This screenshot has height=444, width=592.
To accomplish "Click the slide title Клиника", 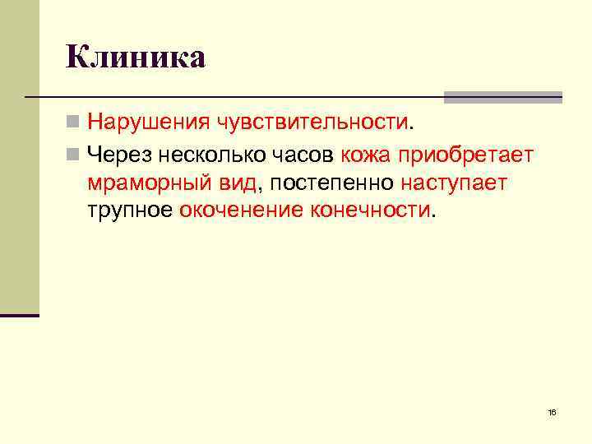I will click(x=136, y=58).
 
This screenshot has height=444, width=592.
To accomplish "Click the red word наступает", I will click(x=454, y=182).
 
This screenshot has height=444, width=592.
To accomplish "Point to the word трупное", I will click(x=130, y=210).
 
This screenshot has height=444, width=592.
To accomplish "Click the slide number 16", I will click(x=551, y=411).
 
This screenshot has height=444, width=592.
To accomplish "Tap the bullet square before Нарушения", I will click(x=73, y=123).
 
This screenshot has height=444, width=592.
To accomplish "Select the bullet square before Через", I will click(x=73, y=153).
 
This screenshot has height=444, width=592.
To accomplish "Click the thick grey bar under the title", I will click(x=502, y=96).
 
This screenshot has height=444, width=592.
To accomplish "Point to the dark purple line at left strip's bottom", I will click(x=20, y=315).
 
